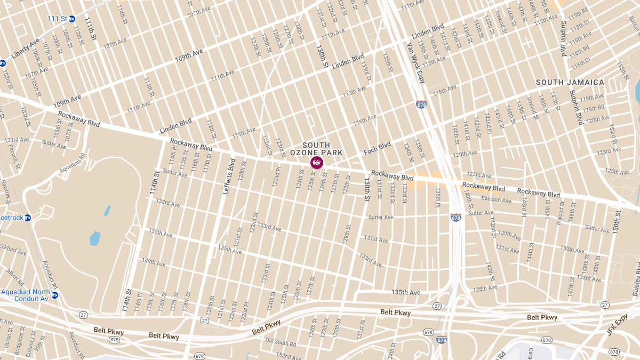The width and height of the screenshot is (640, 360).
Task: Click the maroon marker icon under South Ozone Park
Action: (316, 162)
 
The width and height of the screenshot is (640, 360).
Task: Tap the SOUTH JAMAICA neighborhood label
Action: (570, 82)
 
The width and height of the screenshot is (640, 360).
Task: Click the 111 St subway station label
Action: (57, 19)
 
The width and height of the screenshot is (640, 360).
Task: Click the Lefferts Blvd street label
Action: (228, 176)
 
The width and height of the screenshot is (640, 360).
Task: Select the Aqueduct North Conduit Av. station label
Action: (26, 295)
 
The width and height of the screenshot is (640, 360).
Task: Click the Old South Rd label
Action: (281, 342)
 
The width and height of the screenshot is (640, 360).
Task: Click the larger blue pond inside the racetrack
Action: (95, 238)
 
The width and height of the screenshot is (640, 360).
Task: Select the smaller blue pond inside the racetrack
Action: (107, 211)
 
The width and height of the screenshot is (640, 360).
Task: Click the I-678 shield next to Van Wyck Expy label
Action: (421, 105)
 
